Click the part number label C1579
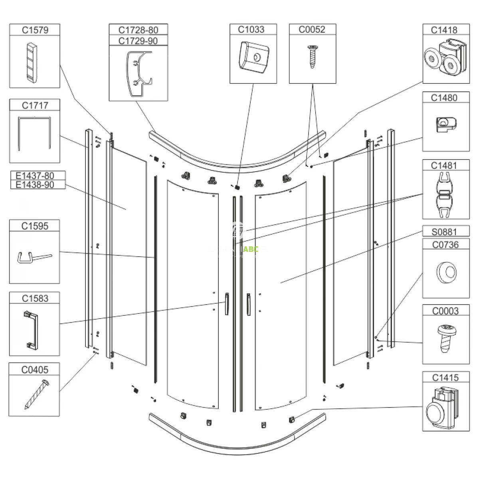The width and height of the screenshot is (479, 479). [x=35, y=30]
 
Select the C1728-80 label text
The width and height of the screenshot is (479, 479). [x=138, y=30]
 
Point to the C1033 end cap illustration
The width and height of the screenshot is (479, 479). [x=253, y=57]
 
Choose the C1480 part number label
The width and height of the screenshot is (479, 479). [x=445, y=98]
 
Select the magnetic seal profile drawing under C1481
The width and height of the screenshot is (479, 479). [x=445, y=195]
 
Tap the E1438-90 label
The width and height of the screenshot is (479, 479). [x=35, y=185]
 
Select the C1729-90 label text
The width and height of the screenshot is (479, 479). [x=138, y=41]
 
